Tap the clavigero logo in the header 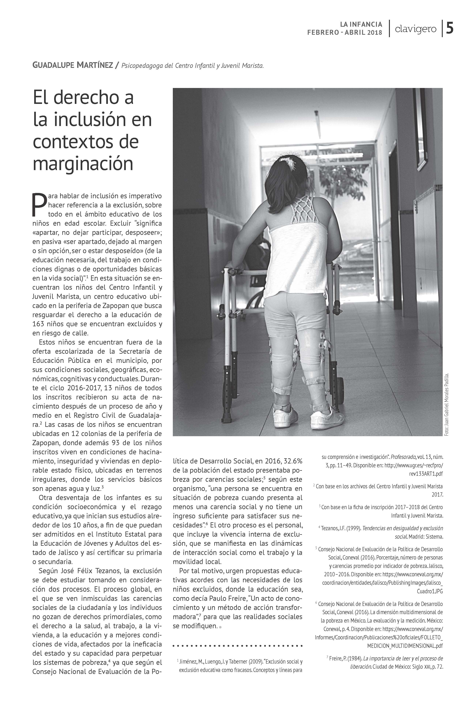(416, 29)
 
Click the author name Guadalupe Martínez (73, 65)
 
